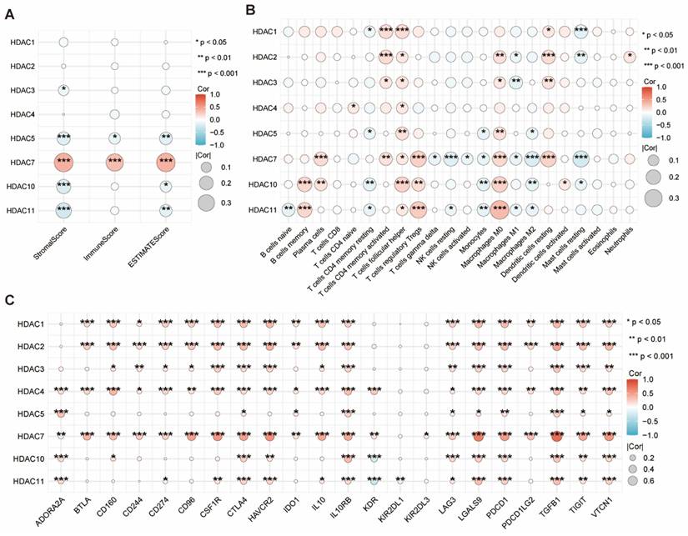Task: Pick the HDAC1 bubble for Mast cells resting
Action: (582, 32)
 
